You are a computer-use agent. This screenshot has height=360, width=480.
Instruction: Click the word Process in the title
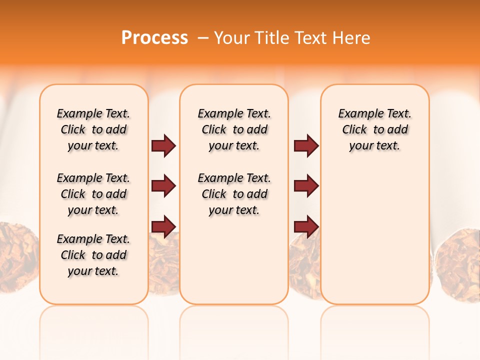point(154,38)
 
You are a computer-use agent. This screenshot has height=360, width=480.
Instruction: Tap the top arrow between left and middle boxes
point(163,145)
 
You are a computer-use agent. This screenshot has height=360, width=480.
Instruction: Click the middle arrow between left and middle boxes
point(163,186)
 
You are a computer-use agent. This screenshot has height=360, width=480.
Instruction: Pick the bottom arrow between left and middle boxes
point(163,226)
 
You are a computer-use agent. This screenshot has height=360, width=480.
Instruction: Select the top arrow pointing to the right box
point(306,145)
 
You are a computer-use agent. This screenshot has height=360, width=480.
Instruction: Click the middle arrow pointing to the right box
point(306,186)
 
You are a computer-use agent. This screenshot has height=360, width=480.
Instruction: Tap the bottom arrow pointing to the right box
point(306,226)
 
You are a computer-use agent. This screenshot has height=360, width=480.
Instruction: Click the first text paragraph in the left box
point(93,129)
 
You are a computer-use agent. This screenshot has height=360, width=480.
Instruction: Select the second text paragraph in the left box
point(93,194)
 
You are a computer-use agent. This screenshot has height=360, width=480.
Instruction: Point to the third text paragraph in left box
point(93,255)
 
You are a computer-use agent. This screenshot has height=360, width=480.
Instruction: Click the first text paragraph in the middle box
point(234,129)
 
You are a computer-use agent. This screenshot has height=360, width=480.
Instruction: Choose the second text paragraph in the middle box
point(234,194)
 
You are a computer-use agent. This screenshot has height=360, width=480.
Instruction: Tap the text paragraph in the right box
point(375,129)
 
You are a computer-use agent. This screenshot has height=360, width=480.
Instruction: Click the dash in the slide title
point(203,38)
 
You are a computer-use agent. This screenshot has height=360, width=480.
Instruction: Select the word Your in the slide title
point(232,38)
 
